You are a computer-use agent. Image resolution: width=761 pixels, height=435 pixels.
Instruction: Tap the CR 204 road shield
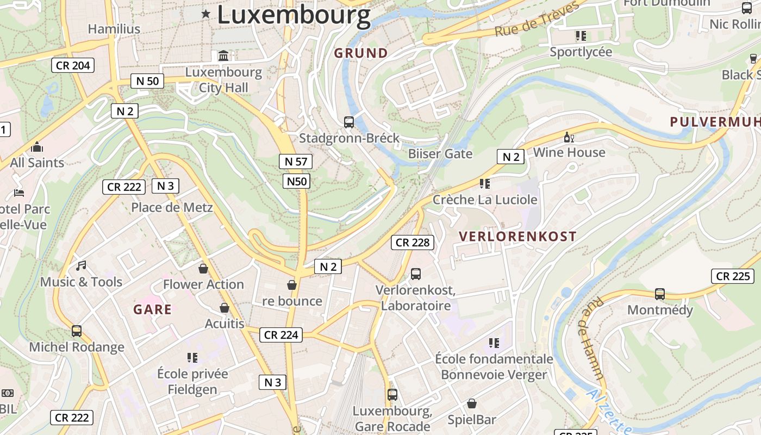click(73, 66)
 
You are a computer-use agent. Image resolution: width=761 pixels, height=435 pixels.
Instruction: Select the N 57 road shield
click(296, 161)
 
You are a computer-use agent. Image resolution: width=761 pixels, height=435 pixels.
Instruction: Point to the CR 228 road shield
click(413, 243)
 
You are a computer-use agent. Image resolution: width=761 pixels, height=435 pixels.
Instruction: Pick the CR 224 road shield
click(281, 335)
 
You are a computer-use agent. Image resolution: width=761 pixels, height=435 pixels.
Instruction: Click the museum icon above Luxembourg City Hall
click(223, 55)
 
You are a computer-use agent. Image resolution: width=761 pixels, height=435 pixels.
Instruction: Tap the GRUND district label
click(361, 53)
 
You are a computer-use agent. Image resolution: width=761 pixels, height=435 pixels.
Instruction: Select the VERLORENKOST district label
click(517, 237)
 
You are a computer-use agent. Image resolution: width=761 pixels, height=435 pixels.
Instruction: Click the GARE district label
click(153, 310)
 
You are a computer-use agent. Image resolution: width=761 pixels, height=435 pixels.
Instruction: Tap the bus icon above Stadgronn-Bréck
click(349, 122)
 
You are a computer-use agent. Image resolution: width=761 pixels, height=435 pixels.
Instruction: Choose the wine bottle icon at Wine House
click(569, 137)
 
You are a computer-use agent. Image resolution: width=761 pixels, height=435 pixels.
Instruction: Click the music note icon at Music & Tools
click(81, 266)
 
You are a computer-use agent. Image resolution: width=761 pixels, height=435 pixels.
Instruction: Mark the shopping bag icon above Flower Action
click(203, 269)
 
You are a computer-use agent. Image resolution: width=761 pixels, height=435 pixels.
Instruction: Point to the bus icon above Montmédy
click(660, 294)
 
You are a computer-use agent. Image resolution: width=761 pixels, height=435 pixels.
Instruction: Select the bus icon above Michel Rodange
click(77, 331)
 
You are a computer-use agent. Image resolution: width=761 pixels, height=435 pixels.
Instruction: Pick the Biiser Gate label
click(440, 154)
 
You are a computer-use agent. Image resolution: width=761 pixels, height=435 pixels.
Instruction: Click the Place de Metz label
click(172, 207)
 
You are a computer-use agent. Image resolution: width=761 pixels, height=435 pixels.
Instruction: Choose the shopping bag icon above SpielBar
click(472, 404)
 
